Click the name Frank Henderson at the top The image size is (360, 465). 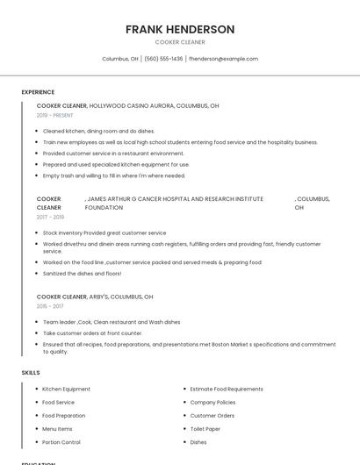click(x=180, y=29)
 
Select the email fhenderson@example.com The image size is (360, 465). click(x=224, y=59)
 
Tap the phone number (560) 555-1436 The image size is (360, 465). click(x=163, y=59)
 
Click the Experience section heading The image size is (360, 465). click(x=38, y=92)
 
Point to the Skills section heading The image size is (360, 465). click(x=31, y=373)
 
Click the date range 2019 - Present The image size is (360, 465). click(x=55, y=115)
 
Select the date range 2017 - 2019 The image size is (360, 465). click(x=50, y=217)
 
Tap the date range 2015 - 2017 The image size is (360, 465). click(x=50, y=306)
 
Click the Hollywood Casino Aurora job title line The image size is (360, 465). click(x=127, y=105)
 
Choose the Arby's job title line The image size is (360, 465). click(x=95, y=297)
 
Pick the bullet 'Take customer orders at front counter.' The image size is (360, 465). click(x=92, y=333)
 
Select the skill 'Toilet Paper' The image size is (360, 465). click(x=205, y=429)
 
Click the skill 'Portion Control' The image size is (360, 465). click(x=61, y=442)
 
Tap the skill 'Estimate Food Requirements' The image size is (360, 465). click(x=227, y=389)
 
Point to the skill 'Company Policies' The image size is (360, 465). click(x=213, y=402)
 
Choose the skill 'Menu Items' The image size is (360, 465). click(x=57, y=429)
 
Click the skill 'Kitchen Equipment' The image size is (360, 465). click(x=66, y=389)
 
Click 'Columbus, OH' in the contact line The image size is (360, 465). click(x=120, y=59)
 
